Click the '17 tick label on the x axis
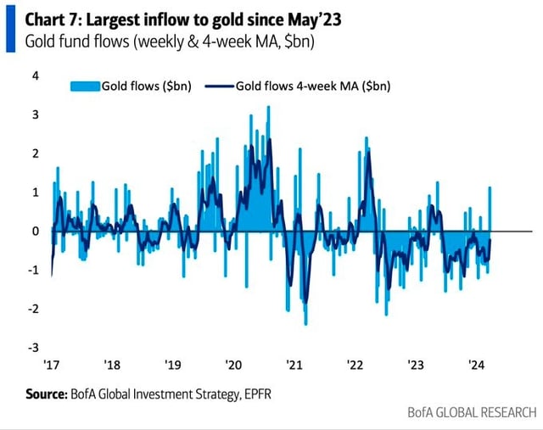coord(53,365)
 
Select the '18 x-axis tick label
coord(112,365)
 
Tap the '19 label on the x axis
coord(173,365)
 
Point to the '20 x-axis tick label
coord(233,365)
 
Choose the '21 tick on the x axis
coord(294,365)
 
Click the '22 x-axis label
coord(355,365)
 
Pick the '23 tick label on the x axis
coord(416,365)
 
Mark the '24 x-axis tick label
coord(476,365)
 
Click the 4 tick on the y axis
coord(36,75)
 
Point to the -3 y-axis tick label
coord(33,347)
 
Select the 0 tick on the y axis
coord(36,231)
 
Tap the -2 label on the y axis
coord(33,308)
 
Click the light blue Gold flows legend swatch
coord(84,86)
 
